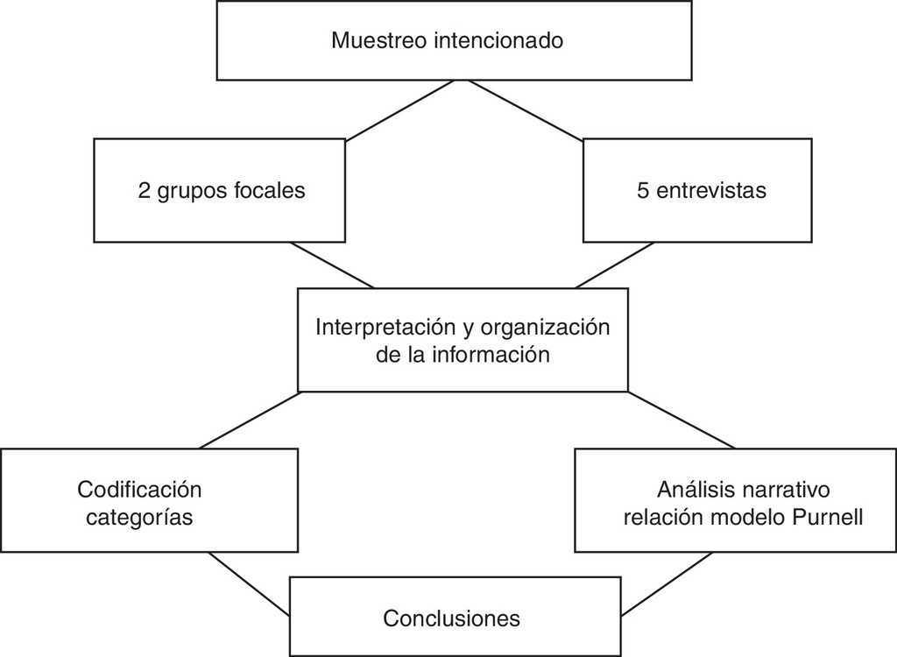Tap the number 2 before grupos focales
tap(145, 191)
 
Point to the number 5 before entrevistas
tap(644, 191)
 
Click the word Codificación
tap(139, 489)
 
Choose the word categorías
tap(139, 517)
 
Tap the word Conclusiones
tap(451, 618)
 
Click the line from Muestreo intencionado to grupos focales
tap(400, 109)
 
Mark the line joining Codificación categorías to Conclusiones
tap(249, 583)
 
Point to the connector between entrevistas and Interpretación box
tap(614, 265)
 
